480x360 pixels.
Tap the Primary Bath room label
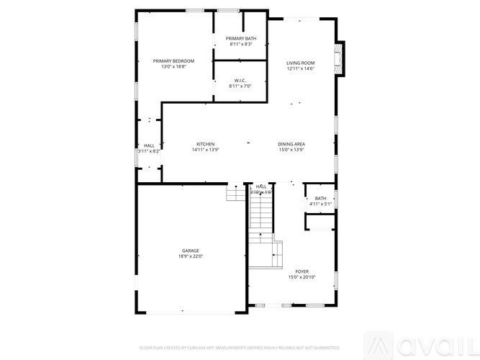tap(241, 38)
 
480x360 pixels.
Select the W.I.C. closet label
tap(241, 80)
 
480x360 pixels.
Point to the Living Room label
tap(301, 63)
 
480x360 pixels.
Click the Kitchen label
tap(205, 144)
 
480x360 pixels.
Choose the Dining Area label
tap(291, 144)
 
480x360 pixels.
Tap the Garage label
tap(191, 251)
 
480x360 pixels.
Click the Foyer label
tap(302, 271)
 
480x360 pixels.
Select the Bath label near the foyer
tap(320, 199)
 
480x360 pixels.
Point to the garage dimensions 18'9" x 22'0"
tap(191, 256)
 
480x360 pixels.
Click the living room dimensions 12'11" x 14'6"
tap(301, 69)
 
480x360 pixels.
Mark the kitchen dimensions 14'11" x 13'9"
tap(205, 150)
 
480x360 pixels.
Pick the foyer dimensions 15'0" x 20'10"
tap(302, 277)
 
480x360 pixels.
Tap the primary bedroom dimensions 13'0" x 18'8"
tap(173, 67)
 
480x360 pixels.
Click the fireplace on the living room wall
tap(341, 57)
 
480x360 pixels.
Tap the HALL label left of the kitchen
tap(149, 145)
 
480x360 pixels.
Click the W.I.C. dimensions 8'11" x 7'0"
tap(241, 86)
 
